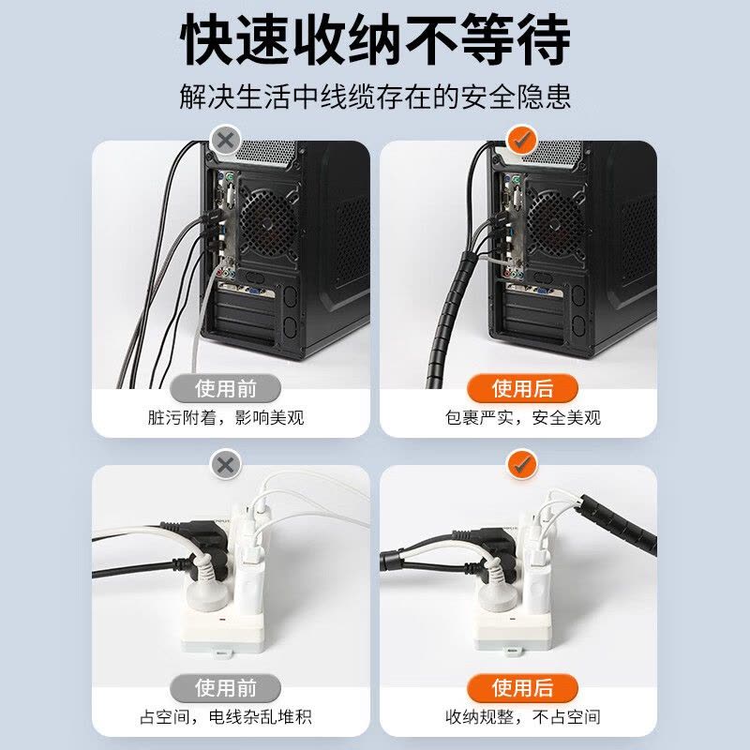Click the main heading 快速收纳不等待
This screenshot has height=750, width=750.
tap(375, 40)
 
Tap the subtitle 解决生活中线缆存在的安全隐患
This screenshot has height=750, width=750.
tap(375, 97)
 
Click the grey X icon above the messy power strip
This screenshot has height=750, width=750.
tap(225, 464)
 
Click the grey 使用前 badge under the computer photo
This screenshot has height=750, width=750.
tap(226, 387)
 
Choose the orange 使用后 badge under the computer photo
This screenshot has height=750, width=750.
tap(523, 387)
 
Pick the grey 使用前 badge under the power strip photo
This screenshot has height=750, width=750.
tap(226, 687)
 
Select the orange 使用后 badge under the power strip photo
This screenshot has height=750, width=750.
tap(523, 687)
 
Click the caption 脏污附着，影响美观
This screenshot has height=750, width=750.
tap(226, 417)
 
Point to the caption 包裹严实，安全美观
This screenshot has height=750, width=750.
tap(523, 417)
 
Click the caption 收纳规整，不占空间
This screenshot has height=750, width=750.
tap(523, 717)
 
